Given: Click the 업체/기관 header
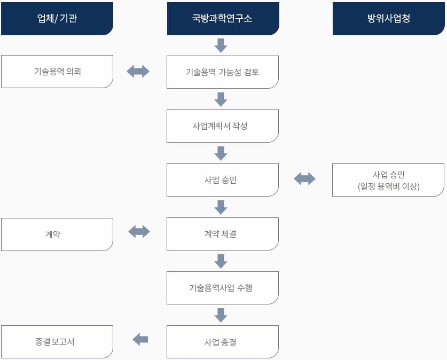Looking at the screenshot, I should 57,19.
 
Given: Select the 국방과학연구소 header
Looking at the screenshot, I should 223,19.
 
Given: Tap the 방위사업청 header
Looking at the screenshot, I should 388,19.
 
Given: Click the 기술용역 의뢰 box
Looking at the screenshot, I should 57,72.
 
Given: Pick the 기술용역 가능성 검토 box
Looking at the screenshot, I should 223,72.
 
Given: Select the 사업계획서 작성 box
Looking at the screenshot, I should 223,126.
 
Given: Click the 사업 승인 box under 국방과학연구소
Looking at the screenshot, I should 223,180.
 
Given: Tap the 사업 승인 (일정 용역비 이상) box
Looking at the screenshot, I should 388,180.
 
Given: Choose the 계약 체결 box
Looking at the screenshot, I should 223,234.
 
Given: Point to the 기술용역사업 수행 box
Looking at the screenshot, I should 223,288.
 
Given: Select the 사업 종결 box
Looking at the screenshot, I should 223,342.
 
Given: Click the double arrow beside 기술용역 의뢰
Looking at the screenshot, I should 138,71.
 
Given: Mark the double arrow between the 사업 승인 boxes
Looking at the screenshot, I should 304,179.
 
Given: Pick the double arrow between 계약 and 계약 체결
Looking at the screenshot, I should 139,231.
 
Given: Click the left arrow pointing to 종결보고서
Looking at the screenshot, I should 140,339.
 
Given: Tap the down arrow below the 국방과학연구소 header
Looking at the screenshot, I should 221,45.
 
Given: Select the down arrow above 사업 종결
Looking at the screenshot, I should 221,315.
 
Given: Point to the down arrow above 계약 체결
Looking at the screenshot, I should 221,207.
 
